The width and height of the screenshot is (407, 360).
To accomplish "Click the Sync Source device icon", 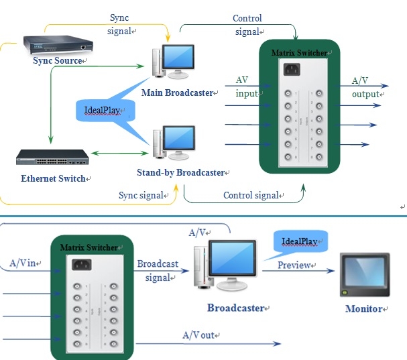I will [57, 44].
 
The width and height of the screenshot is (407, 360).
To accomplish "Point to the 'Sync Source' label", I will [58, 61].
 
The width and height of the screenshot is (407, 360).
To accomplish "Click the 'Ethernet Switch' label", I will [53, 178].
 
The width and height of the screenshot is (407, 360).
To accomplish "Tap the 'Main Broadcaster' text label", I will [177, 92].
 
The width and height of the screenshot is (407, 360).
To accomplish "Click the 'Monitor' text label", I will [363, 309].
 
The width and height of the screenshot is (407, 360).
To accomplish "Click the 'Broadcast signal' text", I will [158, 271].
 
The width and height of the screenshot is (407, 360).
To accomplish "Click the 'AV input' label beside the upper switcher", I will [245, 86].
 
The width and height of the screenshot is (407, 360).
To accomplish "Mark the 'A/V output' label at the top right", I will [366, 87].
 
